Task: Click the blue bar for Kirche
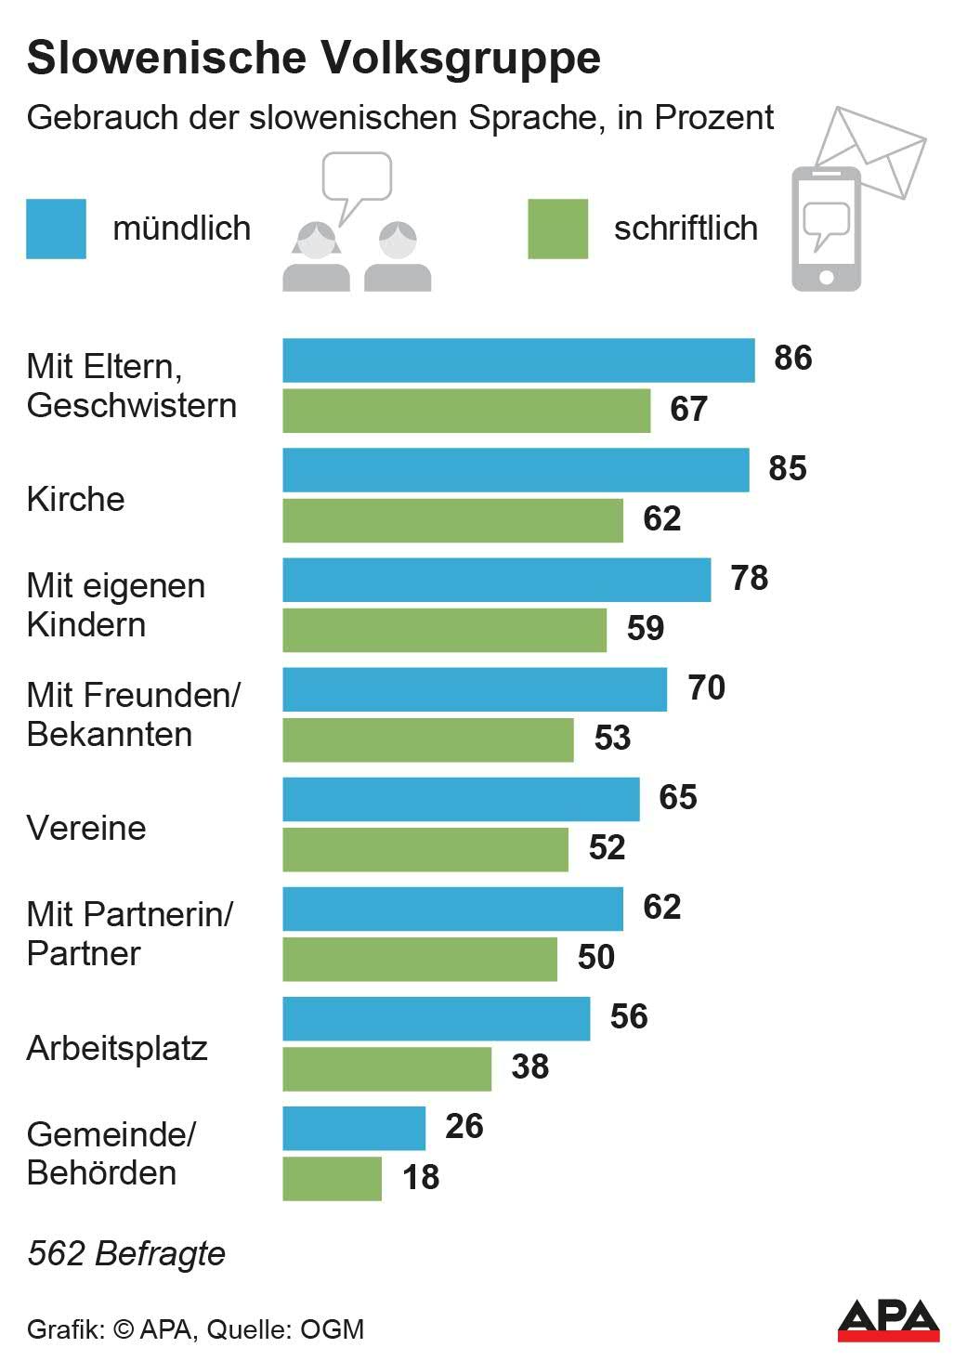(516, 470)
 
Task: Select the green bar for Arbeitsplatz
(386, 1069)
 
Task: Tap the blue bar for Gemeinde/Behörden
(354, 1128)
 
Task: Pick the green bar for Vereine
(425, 849)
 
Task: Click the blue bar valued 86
(518, 360)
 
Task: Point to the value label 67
(688, 410)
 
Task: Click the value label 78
(750, 579)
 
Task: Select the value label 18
(421, 1177)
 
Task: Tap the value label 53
(612, 739)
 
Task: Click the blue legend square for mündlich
(56, 229)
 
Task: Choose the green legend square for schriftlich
(557, 229)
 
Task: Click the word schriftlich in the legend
(686, 229)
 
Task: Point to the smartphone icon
(826, 229)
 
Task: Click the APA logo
(888, 1320)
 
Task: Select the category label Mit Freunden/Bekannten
(133, 714)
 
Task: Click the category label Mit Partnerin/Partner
(129, 934)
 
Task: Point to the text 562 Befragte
(126, 1253)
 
